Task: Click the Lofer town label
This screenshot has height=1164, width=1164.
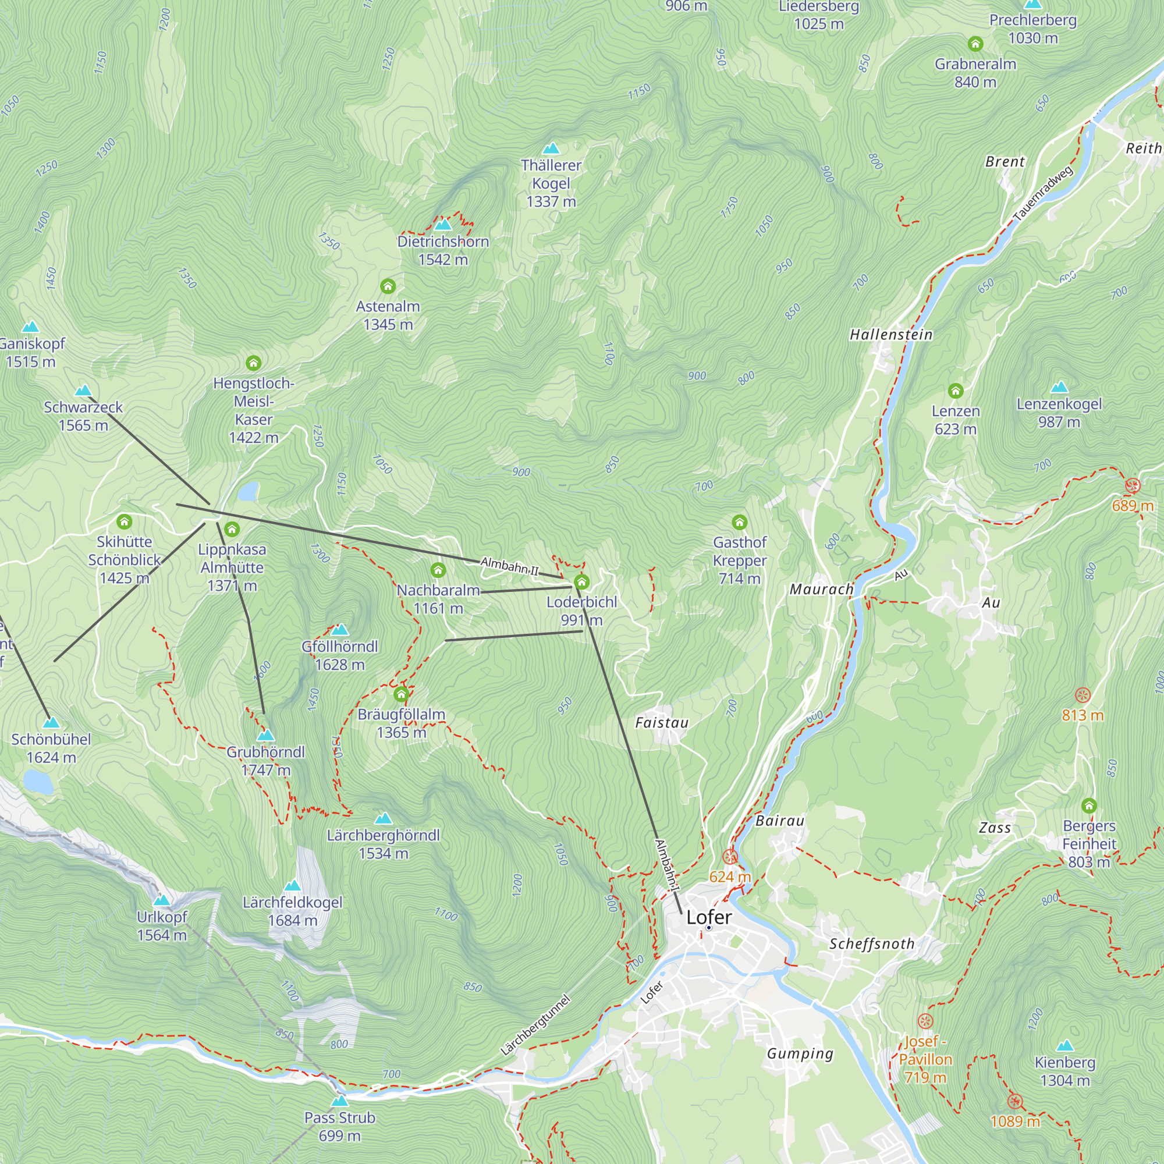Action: (x=708, y=917)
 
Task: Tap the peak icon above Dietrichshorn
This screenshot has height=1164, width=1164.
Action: (x=443, y=225)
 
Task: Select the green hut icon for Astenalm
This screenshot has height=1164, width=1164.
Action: (x=388, y=286)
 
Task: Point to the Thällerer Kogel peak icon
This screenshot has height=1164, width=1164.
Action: (x=551, y=148)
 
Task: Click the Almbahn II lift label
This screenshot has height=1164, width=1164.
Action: (x=510, y=566)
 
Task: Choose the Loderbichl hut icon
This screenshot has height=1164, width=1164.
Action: (x=581, y=581)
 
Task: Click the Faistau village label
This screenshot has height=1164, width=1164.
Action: (x=662, y=722)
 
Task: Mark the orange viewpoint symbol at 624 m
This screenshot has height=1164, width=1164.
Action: (x=730, y=857)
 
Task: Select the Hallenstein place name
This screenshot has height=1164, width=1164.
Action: (x=891, y=335)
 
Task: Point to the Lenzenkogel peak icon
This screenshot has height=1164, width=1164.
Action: (x=1059, y=388)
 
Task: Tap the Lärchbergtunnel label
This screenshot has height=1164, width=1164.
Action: (x=535, y=1025)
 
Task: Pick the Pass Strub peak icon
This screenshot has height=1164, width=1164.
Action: (x=340, y=1101)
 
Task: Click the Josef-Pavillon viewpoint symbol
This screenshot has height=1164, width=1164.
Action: (x=925, y=1021)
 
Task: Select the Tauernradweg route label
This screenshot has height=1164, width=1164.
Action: (x=1044, y=193)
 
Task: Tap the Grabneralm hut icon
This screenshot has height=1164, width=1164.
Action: (x=975, y=44)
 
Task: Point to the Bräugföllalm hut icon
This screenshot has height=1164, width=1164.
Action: (x=401, y=694)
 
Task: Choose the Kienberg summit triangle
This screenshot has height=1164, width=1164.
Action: (x=1064, y=1046)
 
